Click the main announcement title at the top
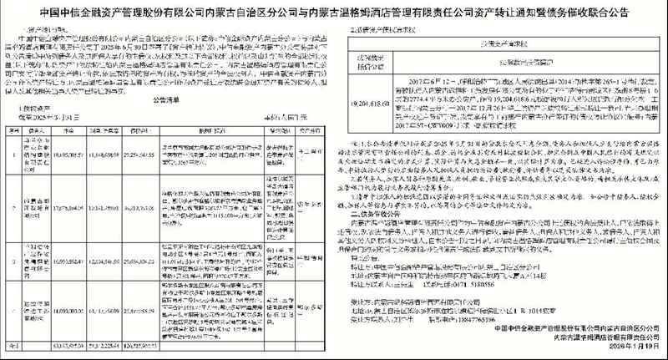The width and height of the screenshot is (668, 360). click(334, 10)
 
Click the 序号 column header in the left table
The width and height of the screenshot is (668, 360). click(14, 130)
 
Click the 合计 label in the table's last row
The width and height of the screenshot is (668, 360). click(14, 343)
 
